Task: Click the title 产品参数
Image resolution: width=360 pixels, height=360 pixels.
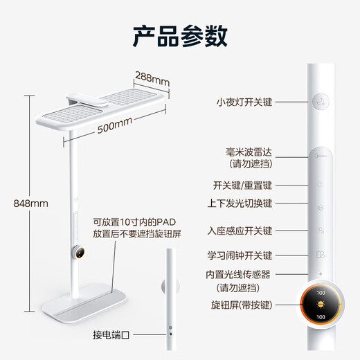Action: coord(179,33)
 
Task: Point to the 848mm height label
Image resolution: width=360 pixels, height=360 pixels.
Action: coord(30,204)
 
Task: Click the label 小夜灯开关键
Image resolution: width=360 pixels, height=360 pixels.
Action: coord(243,102)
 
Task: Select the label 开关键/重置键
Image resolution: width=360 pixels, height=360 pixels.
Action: coord(243,186)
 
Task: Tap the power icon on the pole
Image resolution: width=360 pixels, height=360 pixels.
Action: coord(320,185)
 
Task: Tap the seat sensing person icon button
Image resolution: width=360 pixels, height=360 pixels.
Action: coord(320,230)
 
